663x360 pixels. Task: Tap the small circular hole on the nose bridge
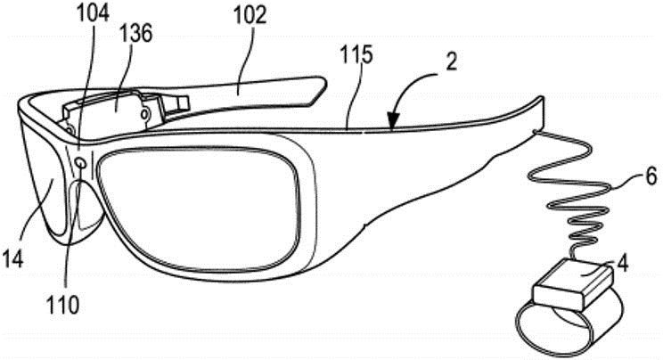click(80, 161)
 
